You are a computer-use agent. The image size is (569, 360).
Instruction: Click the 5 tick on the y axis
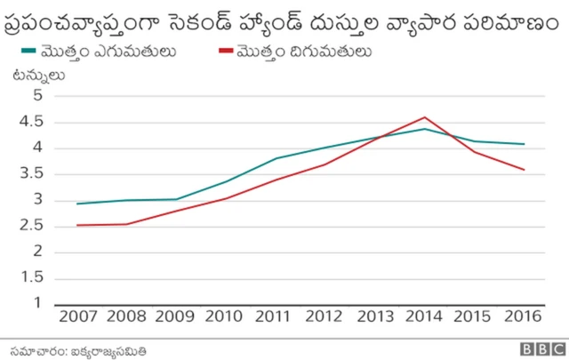[x=37, y=96]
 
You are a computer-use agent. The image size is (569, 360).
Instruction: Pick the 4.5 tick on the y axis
[x=32, y=122]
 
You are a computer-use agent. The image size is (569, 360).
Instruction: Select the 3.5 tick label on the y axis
[x=32, y=174]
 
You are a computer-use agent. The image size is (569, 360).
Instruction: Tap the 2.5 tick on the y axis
[x=32, y=226]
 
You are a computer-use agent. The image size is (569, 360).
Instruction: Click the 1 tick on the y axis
[x=37, y=304]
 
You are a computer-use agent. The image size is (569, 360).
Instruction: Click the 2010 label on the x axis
[x=226, y=316]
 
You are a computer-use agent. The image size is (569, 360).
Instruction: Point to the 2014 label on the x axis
[x=425, y=316]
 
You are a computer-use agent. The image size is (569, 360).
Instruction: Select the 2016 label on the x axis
[x=525, y=316]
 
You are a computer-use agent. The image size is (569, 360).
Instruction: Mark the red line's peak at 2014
[x=425, y=117]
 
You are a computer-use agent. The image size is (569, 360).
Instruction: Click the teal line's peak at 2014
[x=425, y=129]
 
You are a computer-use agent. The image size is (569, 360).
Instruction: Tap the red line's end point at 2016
[x=525, y=170]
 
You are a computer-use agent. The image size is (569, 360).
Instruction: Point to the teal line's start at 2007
[x=77, y=204]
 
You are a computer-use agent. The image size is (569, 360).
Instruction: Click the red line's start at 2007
[x=77, y=225]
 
